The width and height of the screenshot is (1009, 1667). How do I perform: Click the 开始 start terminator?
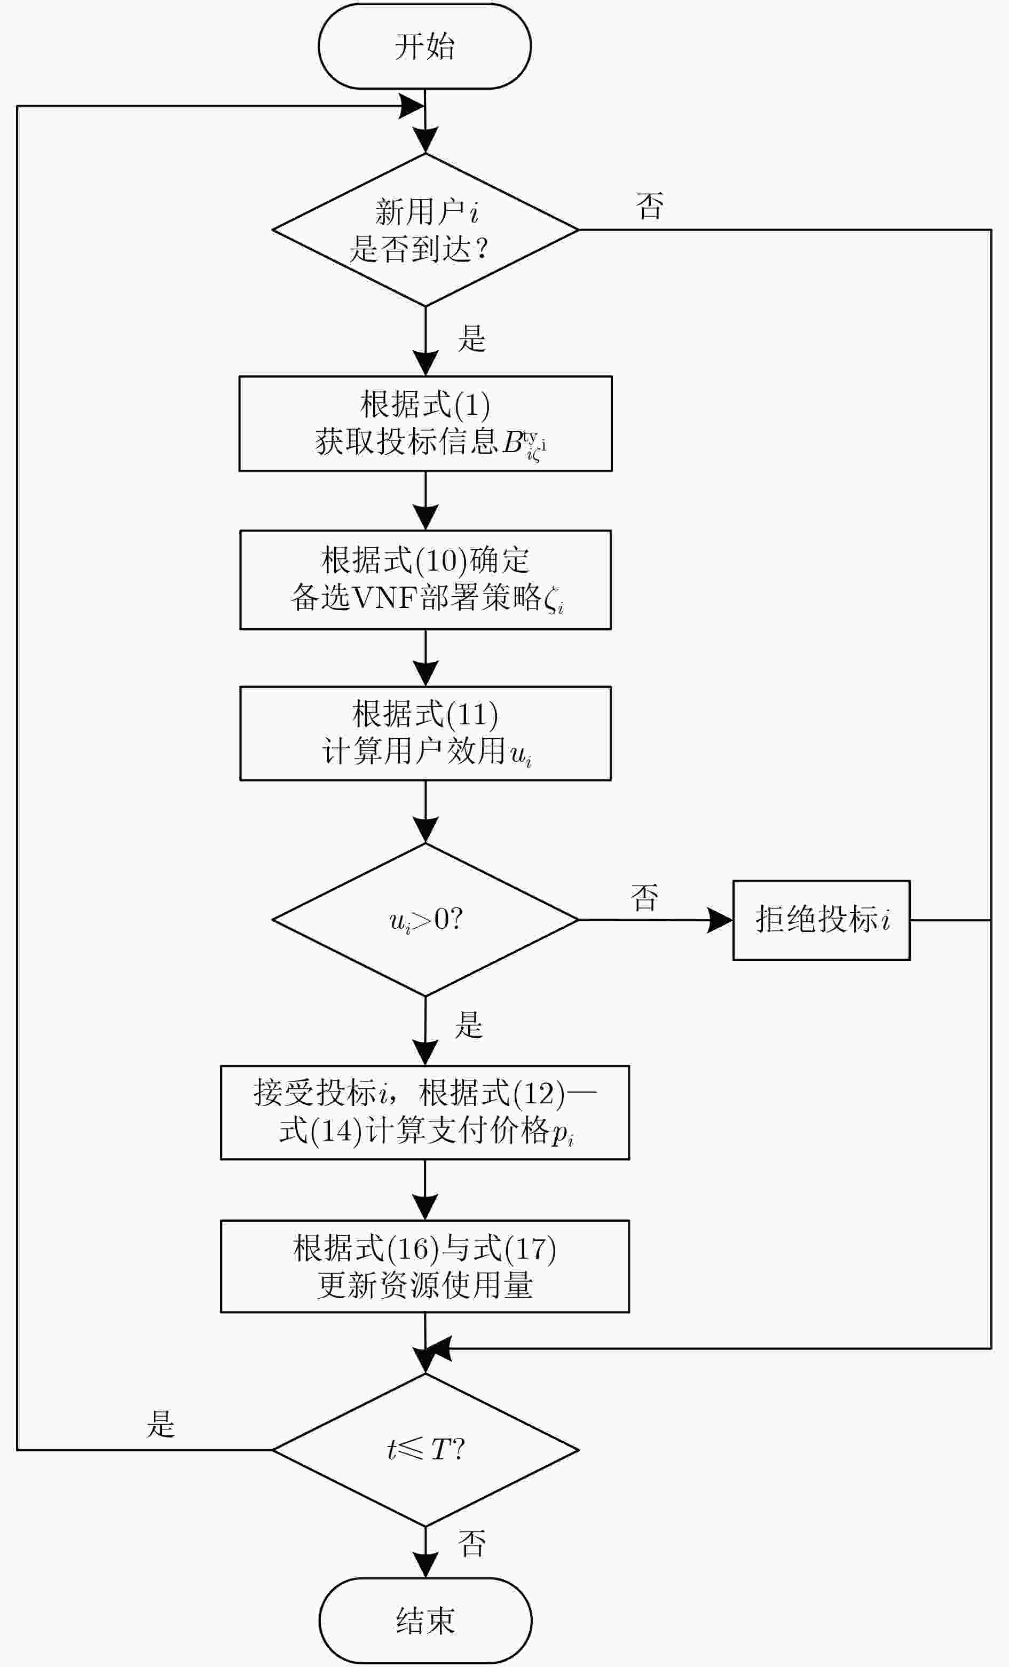425,46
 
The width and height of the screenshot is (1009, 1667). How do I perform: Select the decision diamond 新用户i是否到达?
425,230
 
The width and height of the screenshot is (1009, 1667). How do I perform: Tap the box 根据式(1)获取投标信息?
425,423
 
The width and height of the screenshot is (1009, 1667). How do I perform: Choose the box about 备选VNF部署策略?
425,580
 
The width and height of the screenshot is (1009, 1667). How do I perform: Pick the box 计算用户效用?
425,733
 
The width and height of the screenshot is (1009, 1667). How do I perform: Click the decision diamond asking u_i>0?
425,919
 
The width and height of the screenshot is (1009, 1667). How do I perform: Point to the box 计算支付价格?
425,1113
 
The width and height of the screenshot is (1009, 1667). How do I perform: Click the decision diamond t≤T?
425,1450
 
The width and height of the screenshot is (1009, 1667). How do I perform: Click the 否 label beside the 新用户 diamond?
650,206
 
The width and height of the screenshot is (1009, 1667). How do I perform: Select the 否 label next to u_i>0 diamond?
644,898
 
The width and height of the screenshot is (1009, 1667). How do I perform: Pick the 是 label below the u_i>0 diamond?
468,1024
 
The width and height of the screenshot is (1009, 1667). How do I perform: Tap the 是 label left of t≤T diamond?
160,1424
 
